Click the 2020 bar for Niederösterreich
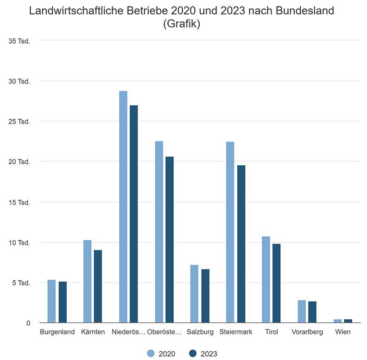tap(123, 206)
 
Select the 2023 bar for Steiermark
tap(241, 244)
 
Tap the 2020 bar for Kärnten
tap(87, 281)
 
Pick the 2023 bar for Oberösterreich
tap(170, 239)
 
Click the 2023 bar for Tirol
tap(277, 283)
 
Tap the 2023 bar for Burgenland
tap(63, 302)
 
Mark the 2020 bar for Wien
tap(337, 321)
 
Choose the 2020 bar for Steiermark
tap(230, 232)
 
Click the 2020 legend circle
tap(151, 354)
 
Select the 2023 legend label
tap(209, 354)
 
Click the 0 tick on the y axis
tap(27, 323)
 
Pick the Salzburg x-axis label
tap(200, 332)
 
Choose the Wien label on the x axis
tap(343, 332)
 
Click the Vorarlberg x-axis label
tap(307, 332)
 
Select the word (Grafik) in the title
tap(182, 24)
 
